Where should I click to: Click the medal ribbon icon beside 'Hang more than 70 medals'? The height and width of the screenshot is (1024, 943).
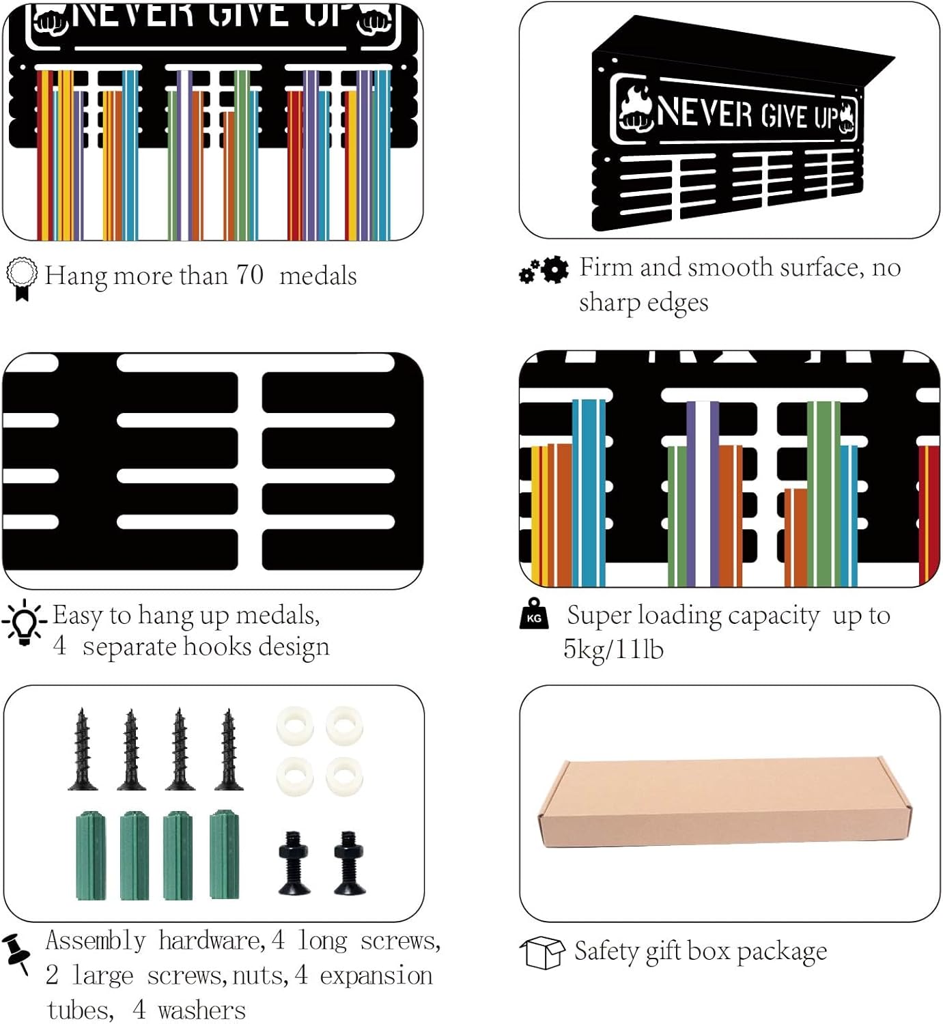(21, 279)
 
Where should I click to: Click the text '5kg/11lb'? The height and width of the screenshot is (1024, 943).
(613, 649)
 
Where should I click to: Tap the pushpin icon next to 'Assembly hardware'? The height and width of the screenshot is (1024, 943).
(17, 954)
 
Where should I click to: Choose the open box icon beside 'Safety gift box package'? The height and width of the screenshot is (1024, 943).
(542, 952)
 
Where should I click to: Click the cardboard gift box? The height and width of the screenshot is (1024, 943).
(724, 802)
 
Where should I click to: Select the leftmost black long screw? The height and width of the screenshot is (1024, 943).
(83, 750)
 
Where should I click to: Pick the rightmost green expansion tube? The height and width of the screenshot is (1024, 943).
(224, 855)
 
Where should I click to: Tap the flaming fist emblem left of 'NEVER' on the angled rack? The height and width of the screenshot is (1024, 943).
(634, 109)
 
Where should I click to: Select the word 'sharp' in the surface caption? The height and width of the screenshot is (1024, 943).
(609, 303)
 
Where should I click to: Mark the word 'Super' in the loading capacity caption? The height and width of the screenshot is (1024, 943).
(600, 616)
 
